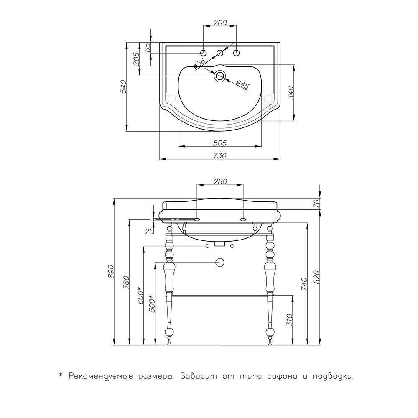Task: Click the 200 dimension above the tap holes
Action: tap(220, 23)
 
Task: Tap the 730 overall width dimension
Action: tap(220, 155)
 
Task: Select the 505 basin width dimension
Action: tap(220, 143)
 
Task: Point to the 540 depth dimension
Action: tap(123, 87)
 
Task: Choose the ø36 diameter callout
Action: tap(199, 63)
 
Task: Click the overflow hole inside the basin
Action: tap(220, 76)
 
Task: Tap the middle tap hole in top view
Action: tap(220, 53)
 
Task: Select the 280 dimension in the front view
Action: tap(220, 181)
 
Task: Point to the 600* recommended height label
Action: tap(140, 296)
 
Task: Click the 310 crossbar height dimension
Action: tap(290, 320)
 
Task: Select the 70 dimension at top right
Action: tap(316, 204)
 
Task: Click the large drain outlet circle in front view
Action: tap(220, 263)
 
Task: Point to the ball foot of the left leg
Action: tap(169, 332)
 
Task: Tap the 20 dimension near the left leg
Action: tap(149, 232)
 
